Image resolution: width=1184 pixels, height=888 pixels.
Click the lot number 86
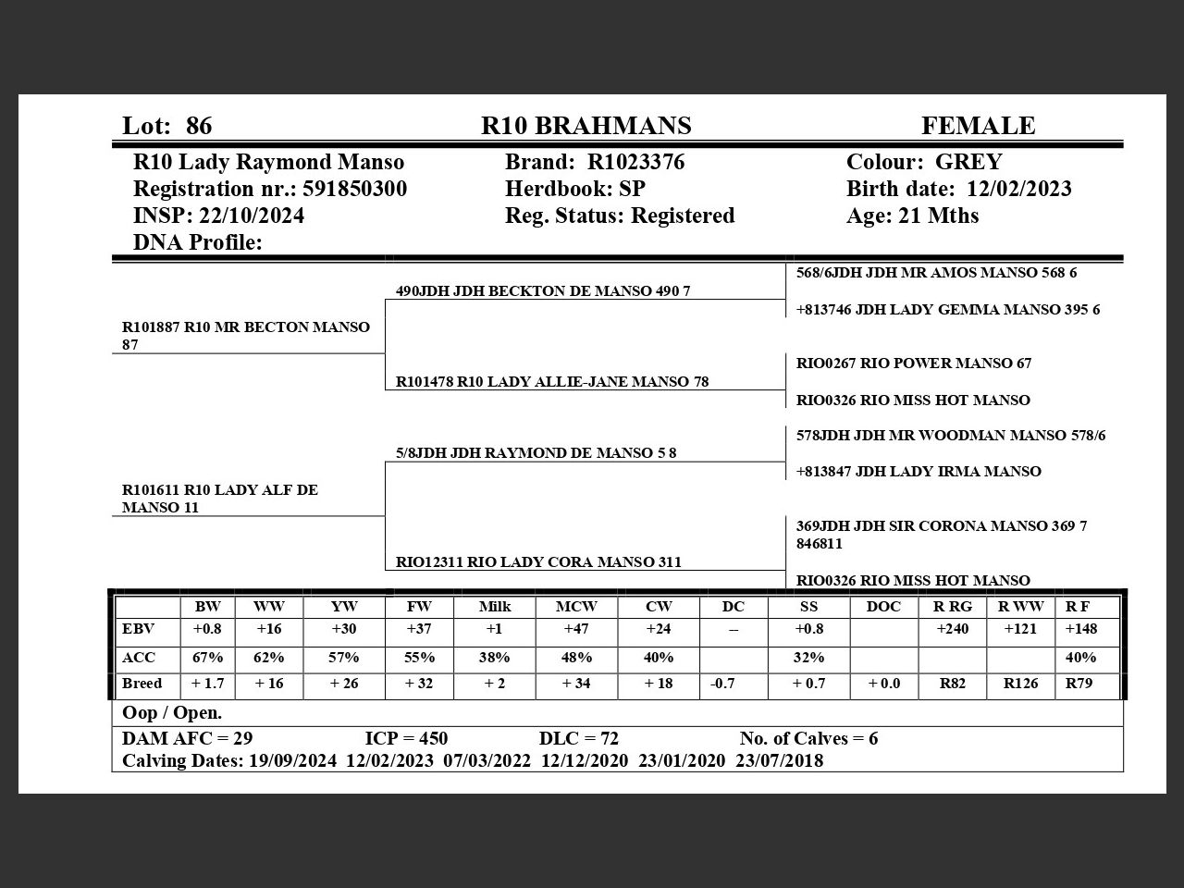[198, 126]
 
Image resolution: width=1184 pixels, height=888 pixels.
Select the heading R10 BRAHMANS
[586, 126]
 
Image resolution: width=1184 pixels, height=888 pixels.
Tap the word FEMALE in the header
[978, 126]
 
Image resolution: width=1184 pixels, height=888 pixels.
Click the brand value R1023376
[635, 162]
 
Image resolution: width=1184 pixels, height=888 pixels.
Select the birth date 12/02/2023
[1018, 189]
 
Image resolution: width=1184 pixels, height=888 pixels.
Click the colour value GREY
[968, 162]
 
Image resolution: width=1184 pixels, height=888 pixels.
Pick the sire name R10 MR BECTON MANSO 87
[245, 335]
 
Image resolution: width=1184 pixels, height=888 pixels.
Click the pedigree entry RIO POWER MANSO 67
[913, 364]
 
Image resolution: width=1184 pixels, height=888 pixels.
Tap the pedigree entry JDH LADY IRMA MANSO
[919, 472]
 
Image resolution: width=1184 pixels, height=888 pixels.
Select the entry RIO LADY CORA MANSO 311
[538, 561]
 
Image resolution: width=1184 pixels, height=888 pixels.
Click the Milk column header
[495, 607]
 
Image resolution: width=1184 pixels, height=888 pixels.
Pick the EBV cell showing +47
[576, 629]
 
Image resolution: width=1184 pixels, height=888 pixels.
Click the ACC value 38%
[495, 658]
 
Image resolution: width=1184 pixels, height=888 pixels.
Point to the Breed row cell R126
[1020, 684]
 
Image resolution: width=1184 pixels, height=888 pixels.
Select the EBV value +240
[953, 629]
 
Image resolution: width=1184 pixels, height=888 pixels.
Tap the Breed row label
[142, 684]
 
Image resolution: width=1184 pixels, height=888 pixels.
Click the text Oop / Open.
[172, 713]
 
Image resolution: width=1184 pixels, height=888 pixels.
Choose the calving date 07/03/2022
[487, 760]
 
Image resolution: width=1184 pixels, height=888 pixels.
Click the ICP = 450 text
[406, 738]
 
